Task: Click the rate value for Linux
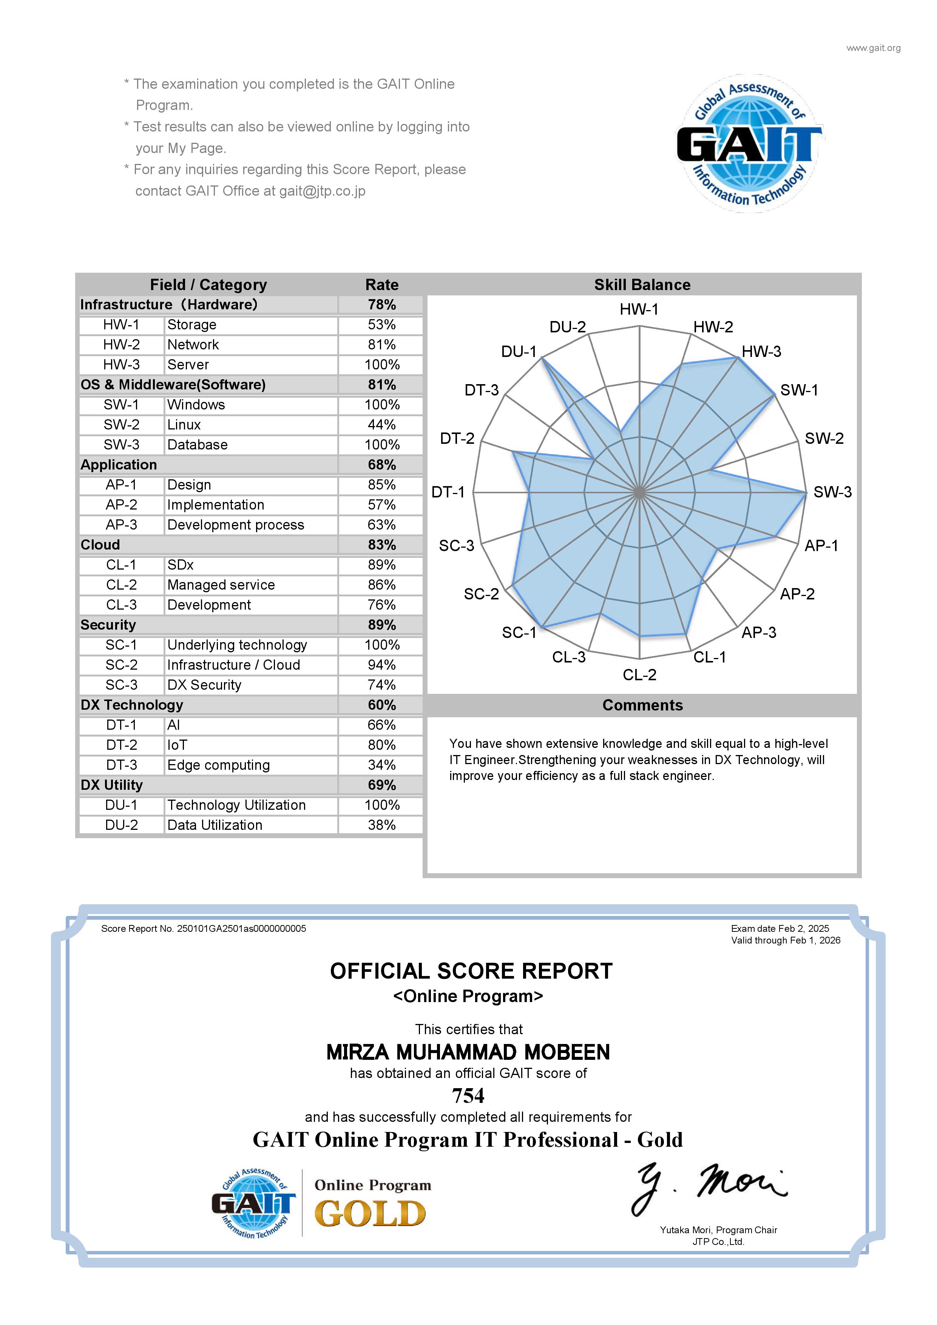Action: (381, 425)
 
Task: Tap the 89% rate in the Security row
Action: (381, 625)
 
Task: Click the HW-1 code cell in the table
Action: (121, 325)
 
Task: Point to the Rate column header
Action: (381, 284)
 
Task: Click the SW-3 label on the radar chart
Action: (832, 492)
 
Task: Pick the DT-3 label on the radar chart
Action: (481, 390)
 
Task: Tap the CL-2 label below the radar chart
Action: (639, 675)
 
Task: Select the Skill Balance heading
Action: (642, 284)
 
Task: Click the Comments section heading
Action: (642, 705)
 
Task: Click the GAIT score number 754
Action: (468, 1095)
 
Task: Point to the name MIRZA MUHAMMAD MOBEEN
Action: (468, 1052)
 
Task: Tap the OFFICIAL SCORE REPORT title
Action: (471, 971)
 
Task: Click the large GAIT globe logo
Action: (749, 143)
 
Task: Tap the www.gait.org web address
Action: (873, 48)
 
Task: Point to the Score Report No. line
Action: (204, 928)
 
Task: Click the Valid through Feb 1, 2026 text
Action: (785, 940)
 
